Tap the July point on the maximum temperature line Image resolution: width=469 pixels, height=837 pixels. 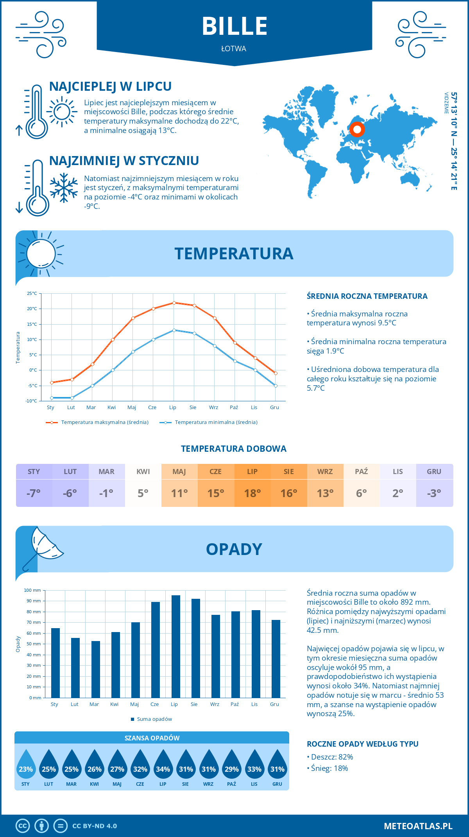(x=174, y=303)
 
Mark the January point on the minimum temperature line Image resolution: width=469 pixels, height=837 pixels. (x=52, y=398)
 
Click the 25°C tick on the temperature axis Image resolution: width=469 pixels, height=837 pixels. (x=32, y=293)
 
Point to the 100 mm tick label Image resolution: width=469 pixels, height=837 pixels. (x=32, y=590)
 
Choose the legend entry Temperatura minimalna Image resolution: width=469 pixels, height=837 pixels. (x=209, y=422)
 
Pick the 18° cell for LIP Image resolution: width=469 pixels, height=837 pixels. (x=252, y=493)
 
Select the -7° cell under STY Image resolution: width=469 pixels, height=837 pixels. (x=34, y=493)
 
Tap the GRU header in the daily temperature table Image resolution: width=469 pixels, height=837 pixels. (x=434, y=472)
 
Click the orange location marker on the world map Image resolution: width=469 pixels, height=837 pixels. (x=357, y=129)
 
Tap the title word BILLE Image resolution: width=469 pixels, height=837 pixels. (x=234, y=27)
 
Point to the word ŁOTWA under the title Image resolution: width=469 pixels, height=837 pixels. (x=234, y=49)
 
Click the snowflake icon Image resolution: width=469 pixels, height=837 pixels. (x=64, y=188)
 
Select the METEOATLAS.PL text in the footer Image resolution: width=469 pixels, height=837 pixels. (x=418, y=826)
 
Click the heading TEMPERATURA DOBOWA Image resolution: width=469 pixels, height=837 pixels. (x=234, y=449)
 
